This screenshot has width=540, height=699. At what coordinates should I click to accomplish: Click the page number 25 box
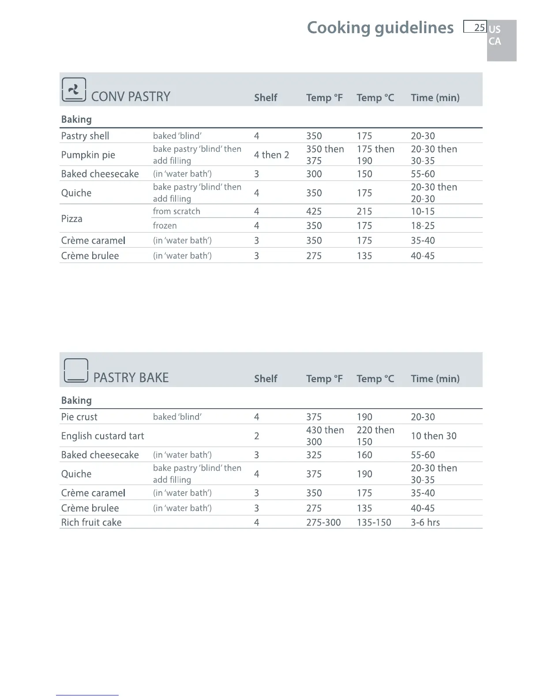pos(475,27)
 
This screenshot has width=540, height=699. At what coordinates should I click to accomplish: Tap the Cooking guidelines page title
pos(380,28)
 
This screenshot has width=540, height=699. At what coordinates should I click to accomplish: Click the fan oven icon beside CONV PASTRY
pos(74,90)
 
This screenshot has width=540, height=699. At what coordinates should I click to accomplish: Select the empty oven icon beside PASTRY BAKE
pos(76,371)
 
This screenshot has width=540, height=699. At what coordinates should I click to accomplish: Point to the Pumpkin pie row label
pos(88,155)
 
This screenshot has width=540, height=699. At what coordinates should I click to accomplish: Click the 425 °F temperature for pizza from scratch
pos(314,211)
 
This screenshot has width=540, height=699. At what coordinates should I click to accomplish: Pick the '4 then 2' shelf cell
pos(271,155)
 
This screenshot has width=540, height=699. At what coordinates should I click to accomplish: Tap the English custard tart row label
pos(102,436)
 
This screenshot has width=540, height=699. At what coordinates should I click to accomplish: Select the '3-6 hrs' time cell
pos(425,522)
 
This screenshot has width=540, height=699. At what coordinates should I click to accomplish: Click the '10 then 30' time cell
pos(434,436)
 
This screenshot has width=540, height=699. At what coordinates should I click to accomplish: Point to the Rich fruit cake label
pos(91,522)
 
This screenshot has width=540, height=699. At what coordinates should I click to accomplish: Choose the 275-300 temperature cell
pos(323,522)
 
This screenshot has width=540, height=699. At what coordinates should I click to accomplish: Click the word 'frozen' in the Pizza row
pos(165,225)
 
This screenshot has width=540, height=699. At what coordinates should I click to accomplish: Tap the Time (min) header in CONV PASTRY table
pos(435,98)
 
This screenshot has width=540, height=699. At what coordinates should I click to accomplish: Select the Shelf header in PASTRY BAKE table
pos(266,379)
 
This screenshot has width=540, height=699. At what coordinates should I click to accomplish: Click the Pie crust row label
pos(79,417)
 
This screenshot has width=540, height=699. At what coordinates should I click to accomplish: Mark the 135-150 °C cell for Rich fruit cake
pos(374,522)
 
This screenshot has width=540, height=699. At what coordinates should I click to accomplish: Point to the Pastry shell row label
pos(85,136)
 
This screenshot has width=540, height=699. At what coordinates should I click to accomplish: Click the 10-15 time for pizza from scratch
pos(423,211)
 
